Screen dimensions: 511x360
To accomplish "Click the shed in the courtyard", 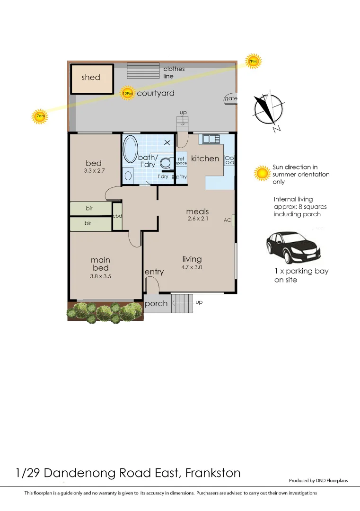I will pos(92,78).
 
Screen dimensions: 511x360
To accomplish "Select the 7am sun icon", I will pos(40,116).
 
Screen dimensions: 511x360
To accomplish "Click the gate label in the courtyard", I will pos(231,98).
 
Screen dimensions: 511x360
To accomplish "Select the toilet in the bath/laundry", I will pos(166,163).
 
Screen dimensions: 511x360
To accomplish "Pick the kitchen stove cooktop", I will pos(229,160).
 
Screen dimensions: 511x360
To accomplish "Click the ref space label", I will pos(182,161).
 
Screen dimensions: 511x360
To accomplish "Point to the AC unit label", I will pos(227,220).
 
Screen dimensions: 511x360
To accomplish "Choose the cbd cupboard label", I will pos(117,216).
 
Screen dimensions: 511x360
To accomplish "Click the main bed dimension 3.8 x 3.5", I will pos(100,276).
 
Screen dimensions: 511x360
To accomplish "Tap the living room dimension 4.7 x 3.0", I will pos(192,267).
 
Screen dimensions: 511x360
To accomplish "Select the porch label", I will pos(156,303).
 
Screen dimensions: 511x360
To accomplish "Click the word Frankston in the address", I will pos(213,473).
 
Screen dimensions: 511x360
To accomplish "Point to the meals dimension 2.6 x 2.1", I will pos(197,219).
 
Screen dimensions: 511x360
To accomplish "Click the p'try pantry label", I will pos(181,176).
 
